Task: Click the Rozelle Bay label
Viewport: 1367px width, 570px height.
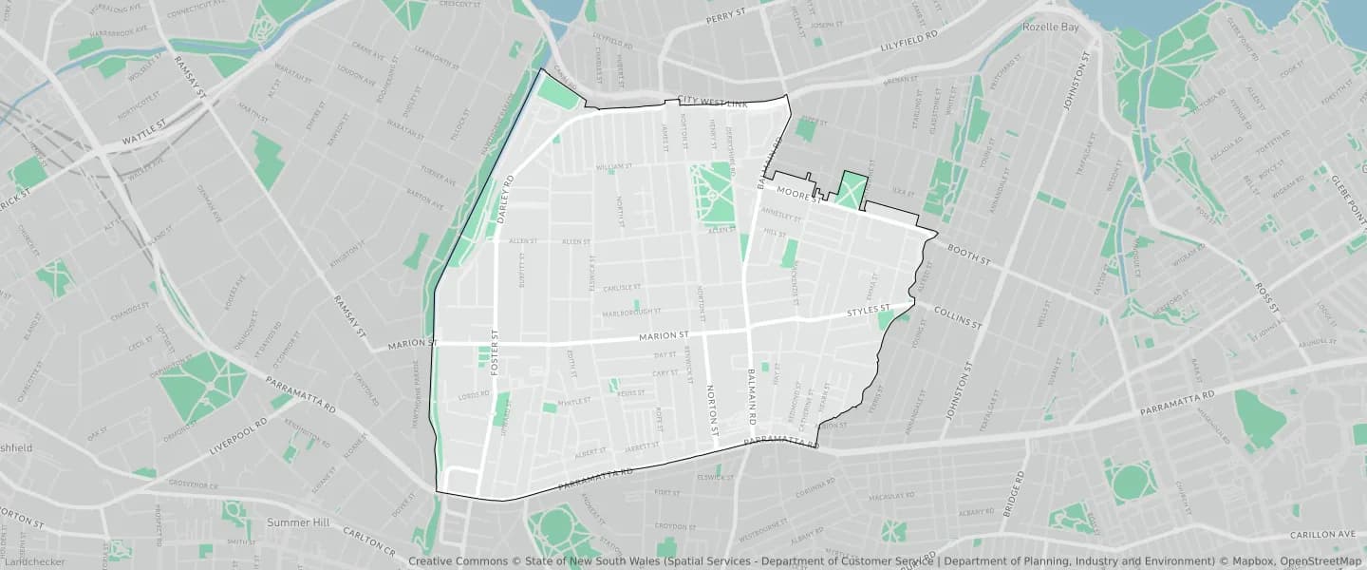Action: [1051, 28]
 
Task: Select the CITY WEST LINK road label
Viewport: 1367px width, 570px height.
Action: [713, 102]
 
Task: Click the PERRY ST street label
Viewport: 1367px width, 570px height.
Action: [728, 18]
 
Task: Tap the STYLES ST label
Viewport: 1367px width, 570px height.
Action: [869, 311]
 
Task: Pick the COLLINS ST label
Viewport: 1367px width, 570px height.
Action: [958, 317]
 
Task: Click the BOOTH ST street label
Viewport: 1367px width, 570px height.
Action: [968, 253]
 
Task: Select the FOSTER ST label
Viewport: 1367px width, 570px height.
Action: [495, 353]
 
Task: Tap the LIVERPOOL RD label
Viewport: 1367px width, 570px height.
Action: [238, 435]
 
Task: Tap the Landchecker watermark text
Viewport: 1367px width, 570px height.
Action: [33, 561]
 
